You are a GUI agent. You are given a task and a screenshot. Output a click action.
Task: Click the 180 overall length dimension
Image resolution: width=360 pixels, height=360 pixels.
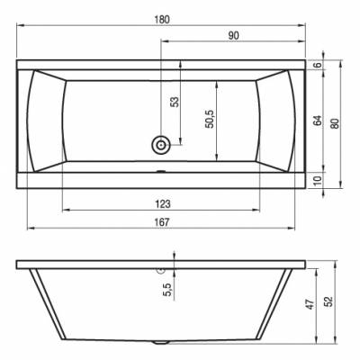(162, 20)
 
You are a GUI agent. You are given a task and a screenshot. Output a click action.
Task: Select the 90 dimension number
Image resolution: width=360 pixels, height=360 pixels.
(233, 36)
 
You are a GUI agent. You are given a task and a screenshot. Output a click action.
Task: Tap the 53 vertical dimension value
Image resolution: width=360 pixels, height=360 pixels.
(175, 102)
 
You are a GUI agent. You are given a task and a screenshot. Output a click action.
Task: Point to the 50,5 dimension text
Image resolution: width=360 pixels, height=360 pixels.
(210, 119)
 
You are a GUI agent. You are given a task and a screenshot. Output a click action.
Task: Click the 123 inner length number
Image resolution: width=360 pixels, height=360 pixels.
(163, 204)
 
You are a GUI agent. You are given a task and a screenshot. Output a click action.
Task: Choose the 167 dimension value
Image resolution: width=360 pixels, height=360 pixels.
(162, 222)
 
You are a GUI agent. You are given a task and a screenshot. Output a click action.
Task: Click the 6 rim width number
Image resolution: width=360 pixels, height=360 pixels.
(319, 64)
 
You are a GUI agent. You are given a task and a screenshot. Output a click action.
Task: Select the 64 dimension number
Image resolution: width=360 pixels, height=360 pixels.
(319, 121)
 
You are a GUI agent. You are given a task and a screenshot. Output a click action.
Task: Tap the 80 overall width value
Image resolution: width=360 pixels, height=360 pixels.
(336, 123)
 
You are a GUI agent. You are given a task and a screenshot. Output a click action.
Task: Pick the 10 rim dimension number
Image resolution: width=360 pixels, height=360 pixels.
(319, 180)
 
